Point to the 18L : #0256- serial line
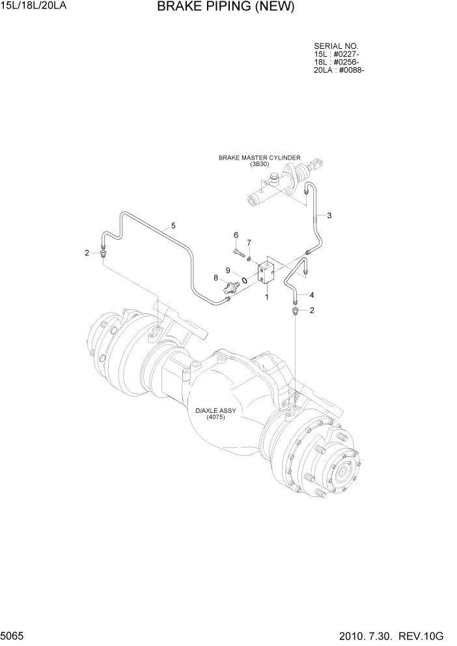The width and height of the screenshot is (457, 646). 337,63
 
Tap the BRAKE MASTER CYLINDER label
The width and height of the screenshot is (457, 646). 259,158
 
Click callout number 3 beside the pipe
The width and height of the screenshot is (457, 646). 329,216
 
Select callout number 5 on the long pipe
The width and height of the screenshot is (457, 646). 173,226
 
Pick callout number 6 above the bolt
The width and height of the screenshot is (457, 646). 236,235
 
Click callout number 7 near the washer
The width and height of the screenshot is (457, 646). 248,243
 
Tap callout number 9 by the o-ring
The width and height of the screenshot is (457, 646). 228,270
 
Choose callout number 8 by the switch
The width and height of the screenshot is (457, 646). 215,278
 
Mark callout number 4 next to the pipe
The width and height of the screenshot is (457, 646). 311,294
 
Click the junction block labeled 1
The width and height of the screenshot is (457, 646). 266,274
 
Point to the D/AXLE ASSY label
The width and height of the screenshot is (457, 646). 215,411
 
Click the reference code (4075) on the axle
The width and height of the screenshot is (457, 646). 215,417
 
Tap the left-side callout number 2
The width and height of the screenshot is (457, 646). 87,253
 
